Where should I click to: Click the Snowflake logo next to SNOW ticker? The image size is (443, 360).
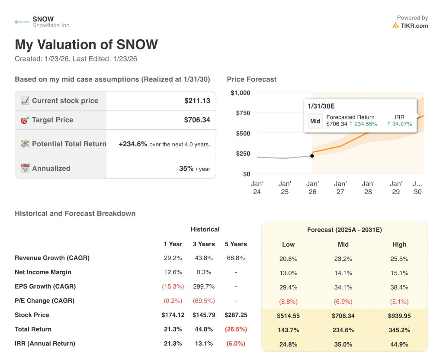coord(22,22)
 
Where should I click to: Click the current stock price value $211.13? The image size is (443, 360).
coord(197,101)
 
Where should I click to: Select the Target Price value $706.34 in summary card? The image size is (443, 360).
coord(197,120)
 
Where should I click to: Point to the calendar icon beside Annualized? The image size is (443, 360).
coord(25,168)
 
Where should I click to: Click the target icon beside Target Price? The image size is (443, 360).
coord(25,120)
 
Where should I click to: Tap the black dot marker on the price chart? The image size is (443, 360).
coord(312,156)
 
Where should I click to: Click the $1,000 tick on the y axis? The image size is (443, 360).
coord(240,93)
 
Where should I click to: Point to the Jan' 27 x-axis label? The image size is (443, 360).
coord(340,188)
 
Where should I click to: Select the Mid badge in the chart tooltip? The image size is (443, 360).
coord(315,121)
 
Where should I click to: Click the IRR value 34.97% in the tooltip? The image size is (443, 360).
coord(399,124)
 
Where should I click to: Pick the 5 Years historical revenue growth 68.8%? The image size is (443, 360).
coord(236,258)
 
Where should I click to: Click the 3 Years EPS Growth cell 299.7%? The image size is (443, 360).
coord(203,286)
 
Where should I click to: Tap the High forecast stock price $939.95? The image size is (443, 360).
coord(399,315)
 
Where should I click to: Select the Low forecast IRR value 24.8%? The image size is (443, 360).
coord(288,344)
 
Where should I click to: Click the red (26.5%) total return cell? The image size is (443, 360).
coord(236,329)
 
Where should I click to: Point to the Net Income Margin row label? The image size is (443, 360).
coord(43,272)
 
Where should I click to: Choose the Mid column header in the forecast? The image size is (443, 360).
coord(343,244)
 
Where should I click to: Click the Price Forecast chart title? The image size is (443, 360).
coord(251,79)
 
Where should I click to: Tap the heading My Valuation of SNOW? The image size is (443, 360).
coord(86,45)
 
